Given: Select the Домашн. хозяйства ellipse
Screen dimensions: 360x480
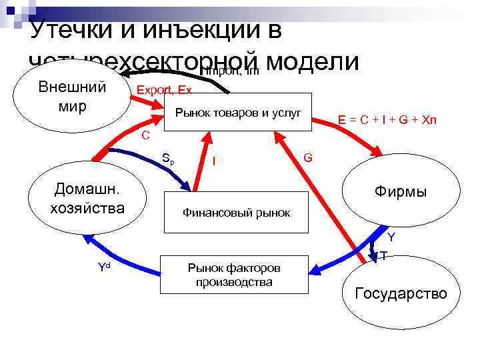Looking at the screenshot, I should point(87,198).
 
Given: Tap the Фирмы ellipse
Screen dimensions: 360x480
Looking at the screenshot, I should point(401,193).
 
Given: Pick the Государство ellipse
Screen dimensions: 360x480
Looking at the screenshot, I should point(401,293).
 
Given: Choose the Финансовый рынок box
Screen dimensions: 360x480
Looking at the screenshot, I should point(237,213).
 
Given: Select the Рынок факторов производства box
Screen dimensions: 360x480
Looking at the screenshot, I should point(234,275).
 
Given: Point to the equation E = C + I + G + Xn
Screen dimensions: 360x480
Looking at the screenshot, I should point(387,120).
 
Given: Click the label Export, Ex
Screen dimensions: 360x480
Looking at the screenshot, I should point(164,90).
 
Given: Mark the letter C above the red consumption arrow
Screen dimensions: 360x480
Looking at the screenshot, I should point(145,135).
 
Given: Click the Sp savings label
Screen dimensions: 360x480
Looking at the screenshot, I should point(169,159).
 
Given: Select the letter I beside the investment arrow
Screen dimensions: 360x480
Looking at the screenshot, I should point(213,160).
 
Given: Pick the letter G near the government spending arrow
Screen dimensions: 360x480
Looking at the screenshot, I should point(308,157).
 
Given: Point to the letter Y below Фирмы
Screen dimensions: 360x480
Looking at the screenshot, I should point(391,237).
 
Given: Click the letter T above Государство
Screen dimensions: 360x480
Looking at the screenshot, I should point(384,256).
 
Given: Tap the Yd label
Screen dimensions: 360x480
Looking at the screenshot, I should point(104,268).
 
